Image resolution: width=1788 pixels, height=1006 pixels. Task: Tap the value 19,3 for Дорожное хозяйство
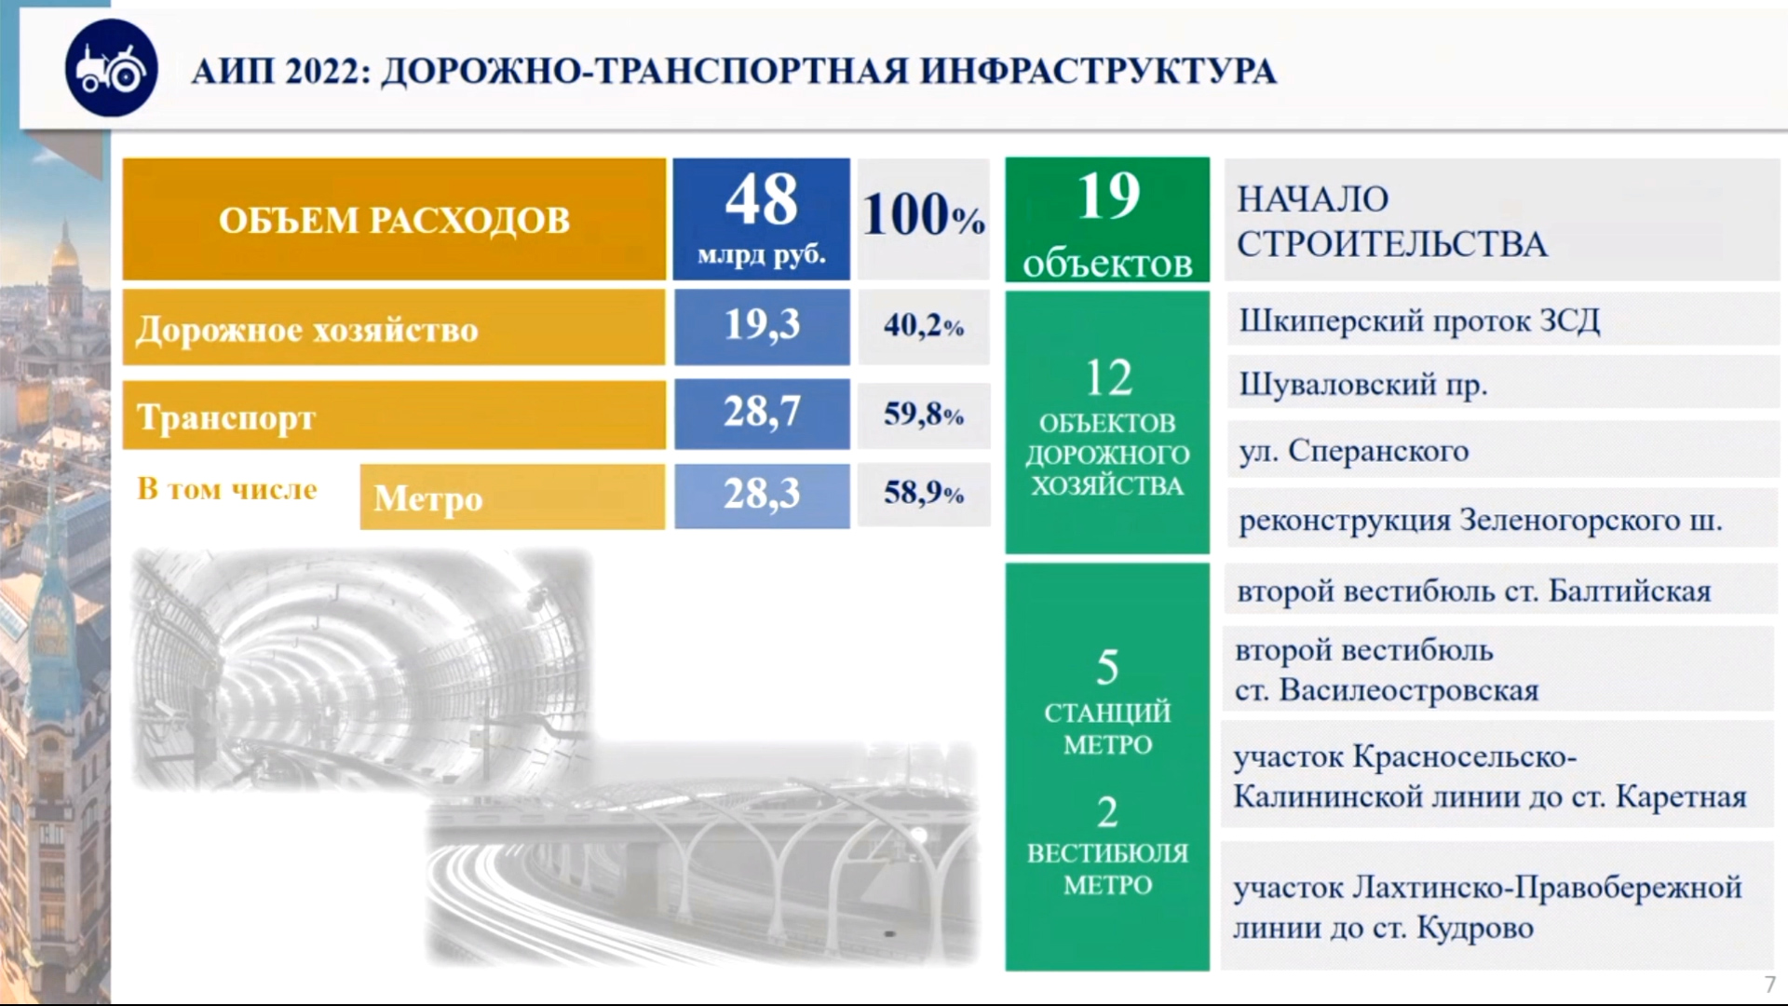[x=762, y=325]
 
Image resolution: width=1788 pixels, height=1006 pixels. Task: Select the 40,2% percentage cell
[x=923, y=325]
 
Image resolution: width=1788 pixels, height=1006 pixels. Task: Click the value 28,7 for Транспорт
[x=762, y=412]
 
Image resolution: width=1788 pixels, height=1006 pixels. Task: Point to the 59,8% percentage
[x=923, y=413]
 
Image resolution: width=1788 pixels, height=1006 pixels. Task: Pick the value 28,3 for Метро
[x=762, y=494]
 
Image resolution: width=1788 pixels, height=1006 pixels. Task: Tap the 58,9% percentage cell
[x=923, y=493]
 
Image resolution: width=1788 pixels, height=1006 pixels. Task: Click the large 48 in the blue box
[x=761, y=199]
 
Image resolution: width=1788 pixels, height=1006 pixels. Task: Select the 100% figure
[x=923, y=215]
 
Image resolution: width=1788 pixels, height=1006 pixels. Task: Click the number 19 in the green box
[x=1108, y=196]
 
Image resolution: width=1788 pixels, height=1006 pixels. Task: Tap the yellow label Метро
[x=428, y=499]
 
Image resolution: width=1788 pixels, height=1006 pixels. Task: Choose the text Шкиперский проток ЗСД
[x=1419, y=321]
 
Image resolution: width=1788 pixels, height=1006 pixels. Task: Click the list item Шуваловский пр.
[x=1362, y=385]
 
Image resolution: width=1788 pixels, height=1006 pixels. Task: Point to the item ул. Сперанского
[x=1353, y=452]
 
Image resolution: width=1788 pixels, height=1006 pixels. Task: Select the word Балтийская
[x=1630, y=591]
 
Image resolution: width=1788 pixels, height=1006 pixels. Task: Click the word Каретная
[x=1681, y=797]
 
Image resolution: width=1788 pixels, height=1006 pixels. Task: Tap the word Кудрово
[x=1475, y=929]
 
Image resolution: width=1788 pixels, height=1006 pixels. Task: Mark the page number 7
[x=1770, y=985]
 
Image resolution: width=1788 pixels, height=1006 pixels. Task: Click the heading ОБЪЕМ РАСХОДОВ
[x=394, y=221]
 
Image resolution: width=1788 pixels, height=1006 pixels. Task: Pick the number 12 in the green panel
[x=1108, y=378]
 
